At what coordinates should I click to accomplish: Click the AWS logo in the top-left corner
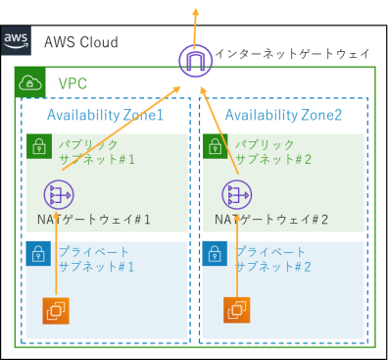pos(17,42)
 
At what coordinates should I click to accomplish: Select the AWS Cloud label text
pos(80,43)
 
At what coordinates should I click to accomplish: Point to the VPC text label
pos(74,84)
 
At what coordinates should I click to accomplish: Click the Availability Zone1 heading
pos(105,116)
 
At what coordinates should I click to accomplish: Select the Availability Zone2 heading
pos(283,116)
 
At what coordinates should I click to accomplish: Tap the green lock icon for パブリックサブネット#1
pos(37,147)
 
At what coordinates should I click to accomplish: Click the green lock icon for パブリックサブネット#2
pos(215,147)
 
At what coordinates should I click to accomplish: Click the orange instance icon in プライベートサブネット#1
pos(56,310)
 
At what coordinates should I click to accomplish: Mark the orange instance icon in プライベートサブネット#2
pos(235,310)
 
